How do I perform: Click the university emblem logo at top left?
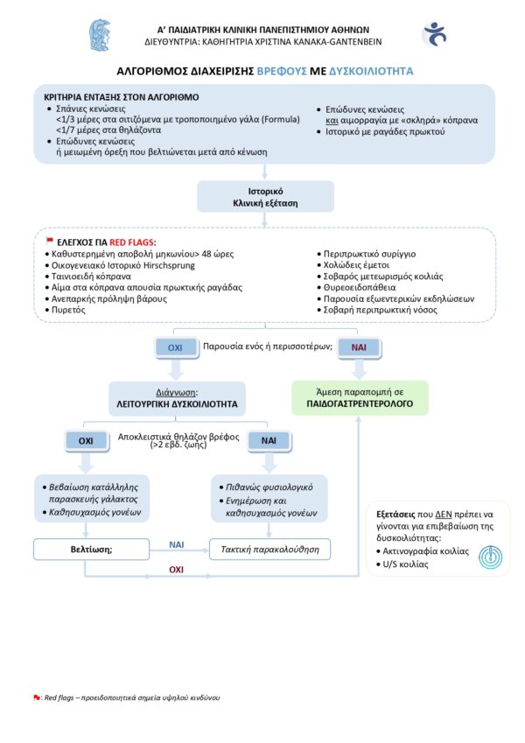(x=100, y=35)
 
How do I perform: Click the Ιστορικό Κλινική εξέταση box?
(x=265, y=196)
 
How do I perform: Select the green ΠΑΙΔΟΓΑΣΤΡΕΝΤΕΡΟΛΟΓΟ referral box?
(x=360, y=398)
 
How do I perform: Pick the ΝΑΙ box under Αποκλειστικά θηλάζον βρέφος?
(x=269, y=441)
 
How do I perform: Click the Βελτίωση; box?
(x=86, y=550)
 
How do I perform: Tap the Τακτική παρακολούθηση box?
(x=270, y=550)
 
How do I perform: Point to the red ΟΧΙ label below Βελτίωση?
(x=176, y=570)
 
